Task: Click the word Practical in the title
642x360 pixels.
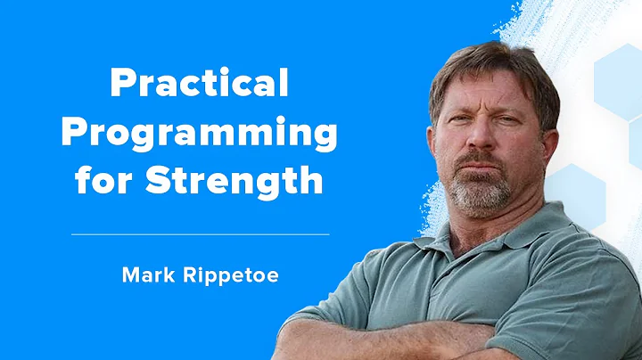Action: (x=199, y=86)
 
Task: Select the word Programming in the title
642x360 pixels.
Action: (x=199, y=135)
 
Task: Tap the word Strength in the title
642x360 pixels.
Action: (x=235, y=181)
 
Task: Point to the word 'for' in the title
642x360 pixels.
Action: (x=119, y=181)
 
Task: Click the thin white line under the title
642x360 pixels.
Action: (x=199, y=234)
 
